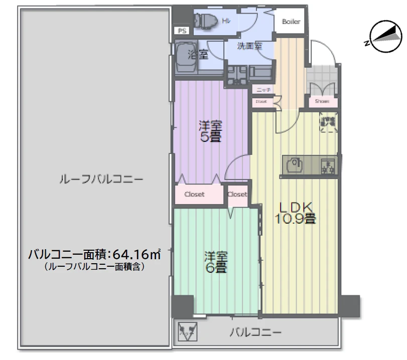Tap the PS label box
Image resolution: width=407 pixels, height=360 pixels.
pyautogui.click(x=181, y=31)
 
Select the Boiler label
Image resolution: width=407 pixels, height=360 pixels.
pyautogui.click(x=291, y=22)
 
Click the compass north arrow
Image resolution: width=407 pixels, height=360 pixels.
pyautogui.click(x=385, y=37)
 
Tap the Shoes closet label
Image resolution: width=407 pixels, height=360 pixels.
pyautogui.click(x=322, y=100)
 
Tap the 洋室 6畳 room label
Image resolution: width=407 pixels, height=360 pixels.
pyautogui.click(x=215, y=261)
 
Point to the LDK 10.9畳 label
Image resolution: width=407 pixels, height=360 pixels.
pyautogui.click(x=295, y=213)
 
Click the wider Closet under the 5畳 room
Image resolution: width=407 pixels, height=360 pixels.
pyautogui.click(x=195, y=195)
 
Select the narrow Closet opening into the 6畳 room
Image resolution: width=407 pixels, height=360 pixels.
pyautogui.click(x=237, y=194)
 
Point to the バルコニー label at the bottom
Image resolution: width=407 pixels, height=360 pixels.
pyautogui.click(x=255, y=331)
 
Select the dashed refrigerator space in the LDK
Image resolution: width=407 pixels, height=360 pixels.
pyautogui.click(x=329, y=123)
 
